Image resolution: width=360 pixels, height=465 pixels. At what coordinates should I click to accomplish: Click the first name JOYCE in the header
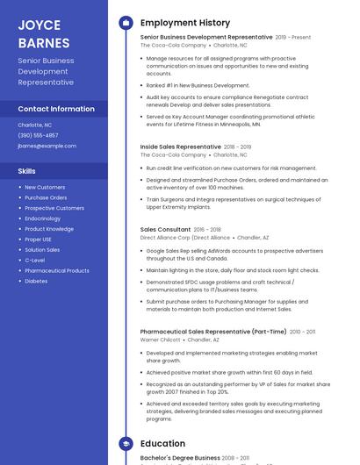40,24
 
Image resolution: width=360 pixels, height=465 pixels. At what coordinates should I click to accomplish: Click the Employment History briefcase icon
125,23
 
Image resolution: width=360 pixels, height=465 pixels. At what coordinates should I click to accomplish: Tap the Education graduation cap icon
125,444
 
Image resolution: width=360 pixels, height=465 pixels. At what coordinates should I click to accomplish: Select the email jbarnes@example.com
47,146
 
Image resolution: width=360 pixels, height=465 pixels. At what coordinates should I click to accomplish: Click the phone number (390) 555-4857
38,135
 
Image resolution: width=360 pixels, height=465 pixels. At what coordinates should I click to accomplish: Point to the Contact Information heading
56,109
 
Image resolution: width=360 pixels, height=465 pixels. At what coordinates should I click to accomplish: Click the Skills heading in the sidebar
27,171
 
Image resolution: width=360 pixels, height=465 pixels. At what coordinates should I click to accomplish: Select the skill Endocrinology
42,218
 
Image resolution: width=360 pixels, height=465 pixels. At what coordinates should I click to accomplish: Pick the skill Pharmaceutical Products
57,271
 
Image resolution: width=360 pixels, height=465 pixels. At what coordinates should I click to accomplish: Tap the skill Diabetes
36,282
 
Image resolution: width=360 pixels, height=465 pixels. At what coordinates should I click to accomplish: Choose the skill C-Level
35,261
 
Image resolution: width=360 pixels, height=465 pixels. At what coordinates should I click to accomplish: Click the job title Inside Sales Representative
181,147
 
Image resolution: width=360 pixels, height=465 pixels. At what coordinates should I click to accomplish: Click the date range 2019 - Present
293,38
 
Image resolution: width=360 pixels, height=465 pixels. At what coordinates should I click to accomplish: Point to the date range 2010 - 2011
302,332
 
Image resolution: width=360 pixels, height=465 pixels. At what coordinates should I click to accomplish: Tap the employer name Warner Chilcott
161,340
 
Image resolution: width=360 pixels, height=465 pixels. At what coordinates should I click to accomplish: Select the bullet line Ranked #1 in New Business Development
198,85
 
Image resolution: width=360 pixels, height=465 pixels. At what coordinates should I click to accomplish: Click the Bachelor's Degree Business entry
180,457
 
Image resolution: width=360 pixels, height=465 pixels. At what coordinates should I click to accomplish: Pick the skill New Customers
45,187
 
